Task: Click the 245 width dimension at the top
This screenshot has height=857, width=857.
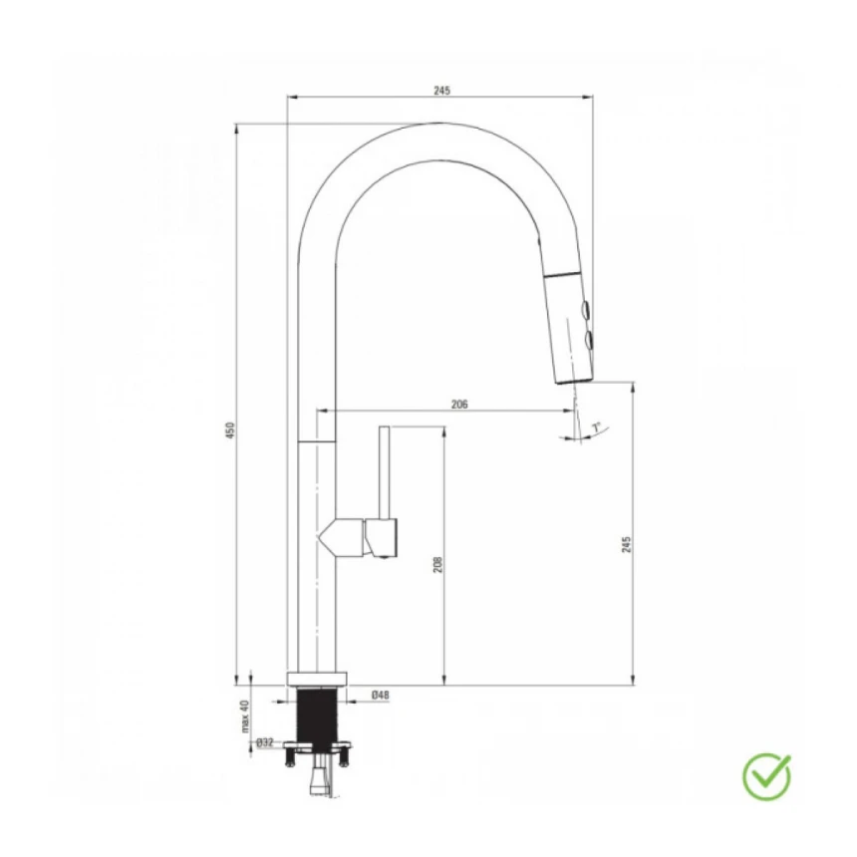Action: coord(441,90)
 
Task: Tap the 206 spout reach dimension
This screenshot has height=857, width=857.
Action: coord(459,404)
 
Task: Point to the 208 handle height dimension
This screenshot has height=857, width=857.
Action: coord(437,564)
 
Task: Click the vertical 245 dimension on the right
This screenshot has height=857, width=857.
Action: coord(627,544)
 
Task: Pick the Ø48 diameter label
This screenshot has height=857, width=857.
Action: coord(381,695)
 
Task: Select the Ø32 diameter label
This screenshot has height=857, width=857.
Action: coord(264,742)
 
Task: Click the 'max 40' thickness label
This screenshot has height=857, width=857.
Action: coord(245,715)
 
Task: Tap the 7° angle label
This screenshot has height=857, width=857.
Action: coord(596,427)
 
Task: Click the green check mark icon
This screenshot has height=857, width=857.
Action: coord(766,776)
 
